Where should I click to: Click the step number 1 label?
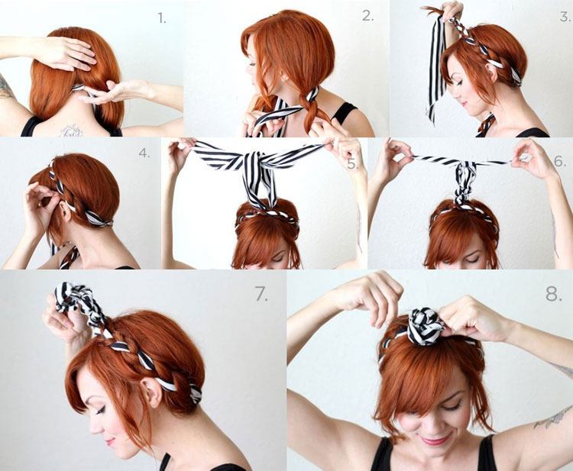coord(162,18)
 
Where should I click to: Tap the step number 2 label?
coord(368,16)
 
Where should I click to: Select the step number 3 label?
coord(565,17)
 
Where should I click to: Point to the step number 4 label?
coord(144,153)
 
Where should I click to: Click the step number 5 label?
coord(352,164)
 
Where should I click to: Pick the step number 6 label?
coord(560,161)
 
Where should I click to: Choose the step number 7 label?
coord(261,294)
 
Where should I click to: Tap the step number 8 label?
coord(553,294)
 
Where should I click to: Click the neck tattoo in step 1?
coord(72,131)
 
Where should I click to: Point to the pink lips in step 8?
coord(435,440)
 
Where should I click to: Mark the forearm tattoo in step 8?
coord(552,419)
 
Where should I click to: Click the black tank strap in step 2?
coord(344,112)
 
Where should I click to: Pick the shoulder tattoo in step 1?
coord(6,88)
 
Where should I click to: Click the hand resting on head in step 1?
coord(63,53)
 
